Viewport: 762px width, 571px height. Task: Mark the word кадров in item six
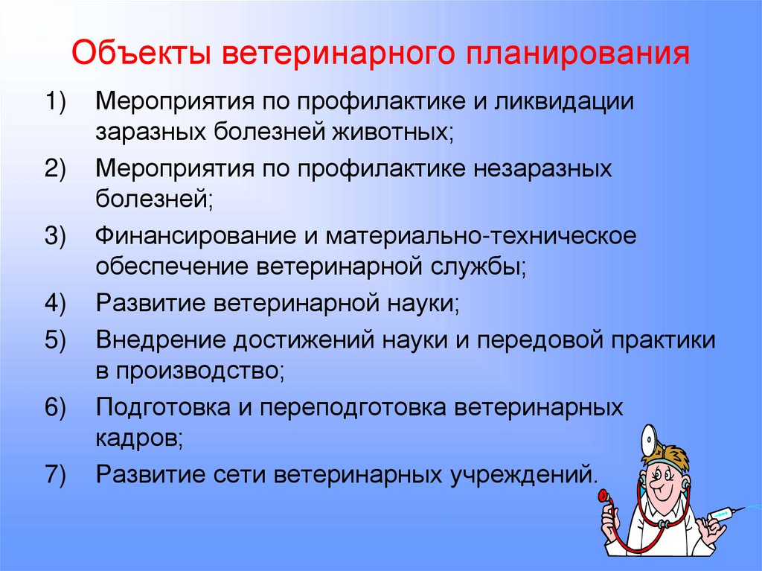tap(138, 439)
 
